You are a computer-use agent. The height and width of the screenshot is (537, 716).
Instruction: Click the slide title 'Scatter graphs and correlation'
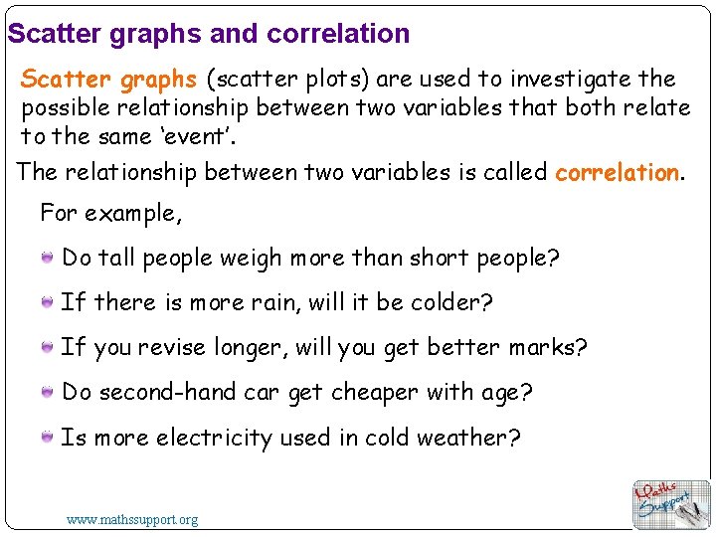[209, 34]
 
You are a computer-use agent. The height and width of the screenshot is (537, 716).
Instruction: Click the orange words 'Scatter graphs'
[109, 80]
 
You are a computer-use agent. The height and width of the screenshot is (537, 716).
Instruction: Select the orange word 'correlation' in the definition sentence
[617, 173]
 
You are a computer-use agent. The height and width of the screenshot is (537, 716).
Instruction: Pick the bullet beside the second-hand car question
[48, 392]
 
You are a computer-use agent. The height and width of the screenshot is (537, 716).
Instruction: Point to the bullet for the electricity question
[48, 437]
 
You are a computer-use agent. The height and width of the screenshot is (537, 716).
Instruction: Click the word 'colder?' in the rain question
[453, 302]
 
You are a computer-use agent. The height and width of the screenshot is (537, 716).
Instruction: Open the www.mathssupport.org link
[132, 519]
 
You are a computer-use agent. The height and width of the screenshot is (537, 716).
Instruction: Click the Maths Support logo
[671, 503]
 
